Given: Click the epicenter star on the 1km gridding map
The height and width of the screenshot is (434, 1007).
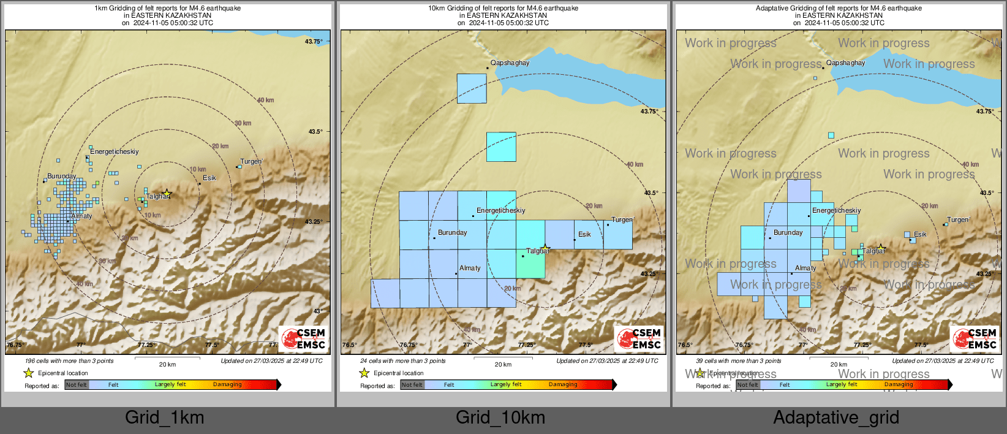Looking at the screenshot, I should (167, 193).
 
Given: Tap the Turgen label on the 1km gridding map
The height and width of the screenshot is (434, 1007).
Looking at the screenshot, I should (251, 162).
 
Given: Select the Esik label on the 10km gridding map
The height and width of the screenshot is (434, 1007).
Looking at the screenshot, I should (584, 234).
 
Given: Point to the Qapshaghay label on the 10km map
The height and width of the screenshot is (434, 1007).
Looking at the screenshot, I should (510, 63).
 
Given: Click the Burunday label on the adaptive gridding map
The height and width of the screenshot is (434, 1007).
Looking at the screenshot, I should (788, 233).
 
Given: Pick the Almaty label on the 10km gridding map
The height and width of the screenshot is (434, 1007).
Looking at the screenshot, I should (470, 268).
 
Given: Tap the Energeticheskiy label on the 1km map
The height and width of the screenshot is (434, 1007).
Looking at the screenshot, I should (115, 151).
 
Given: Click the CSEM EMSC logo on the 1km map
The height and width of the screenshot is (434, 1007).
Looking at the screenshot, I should (304, 338).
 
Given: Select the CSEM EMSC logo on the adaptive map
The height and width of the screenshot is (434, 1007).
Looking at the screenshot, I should (975, 338).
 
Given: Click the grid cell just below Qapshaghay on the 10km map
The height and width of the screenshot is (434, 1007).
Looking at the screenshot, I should (472, 88).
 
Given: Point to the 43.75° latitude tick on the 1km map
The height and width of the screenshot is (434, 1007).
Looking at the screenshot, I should (314, 42).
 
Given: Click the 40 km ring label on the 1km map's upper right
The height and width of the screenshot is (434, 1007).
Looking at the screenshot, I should (266, 100).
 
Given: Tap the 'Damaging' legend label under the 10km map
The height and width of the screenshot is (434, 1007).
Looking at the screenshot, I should (563, 384).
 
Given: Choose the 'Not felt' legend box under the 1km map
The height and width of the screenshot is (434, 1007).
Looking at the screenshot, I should (77, 385).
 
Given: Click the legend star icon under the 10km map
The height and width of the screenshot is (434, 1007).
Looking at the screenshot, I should (364, 373).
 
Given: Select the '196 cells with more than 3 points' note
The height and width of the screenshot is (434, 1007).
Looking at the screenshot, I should (69, 361).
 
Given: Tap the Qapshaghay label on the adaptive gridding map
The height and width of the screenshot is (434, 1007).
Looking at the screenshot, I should (845, 63).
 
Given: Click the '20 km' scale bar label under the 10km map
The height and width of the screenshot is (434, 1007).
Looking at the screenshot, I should (503, 364).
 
